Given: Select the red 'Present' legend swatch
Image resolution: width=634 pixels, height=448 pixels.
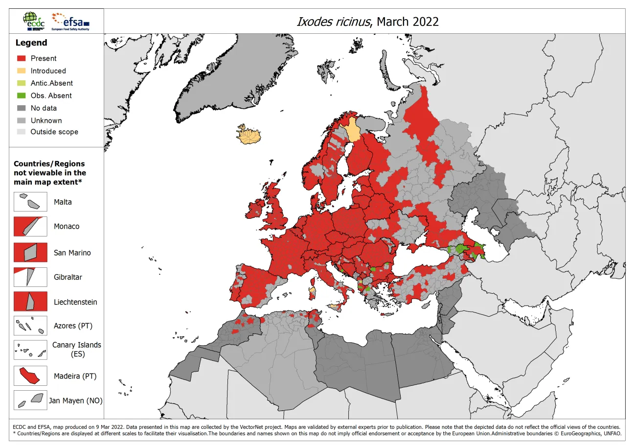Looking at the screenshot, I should (21, 58).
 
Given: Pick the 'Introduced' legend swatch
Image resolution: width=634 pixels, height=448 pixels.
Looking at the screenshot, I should (21, 71).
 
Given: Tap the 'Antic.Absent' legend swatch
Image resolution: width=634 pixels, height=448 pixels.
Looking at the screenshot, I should (21, 83).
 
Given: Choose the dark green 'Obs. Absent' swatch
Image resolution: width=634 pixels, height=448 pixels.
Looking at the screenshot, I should (21, 95).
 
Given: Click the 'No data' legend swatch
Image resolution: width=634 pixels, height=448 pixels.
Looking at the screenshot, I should (21, 108).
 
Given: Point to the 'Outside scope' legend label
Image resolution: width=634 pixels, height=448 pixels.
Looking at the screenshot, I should (54, 132).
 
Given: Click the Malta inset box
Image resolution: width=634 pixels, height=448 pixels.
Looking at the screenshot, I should (30, 202).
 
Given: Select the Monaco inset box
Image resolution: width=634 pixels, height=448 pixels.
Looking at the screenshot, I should (30, 226).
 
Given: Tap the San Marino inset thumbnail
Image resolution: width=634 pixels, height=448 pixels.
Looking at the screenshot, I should (30, 253).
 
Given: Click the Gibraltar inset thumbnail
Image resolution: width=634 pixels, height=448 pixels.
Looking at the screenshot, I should (30, 277).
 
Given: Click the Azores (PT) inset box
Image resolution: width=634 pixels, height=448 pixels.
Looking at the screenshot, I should (30, 326).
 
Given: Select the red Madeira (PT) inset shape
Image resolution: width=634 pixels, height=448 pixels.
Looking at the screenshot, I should (29, 376).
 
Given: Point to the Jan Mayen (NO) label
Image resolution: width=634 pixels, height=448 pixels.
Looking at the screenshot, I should (76, 401).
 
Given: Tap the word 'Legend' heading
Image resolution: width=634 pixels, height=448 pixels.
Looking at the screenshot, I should (31, 43).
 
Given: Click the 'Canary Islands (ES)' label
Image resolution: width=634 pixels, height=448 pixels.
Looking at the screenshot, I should (77, 349).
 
